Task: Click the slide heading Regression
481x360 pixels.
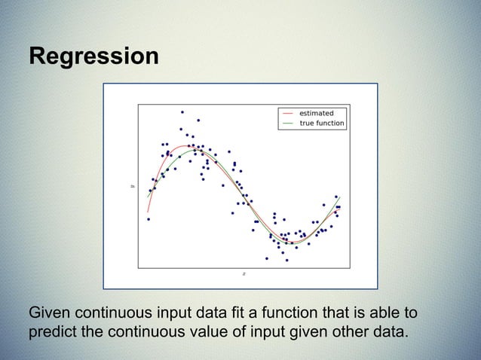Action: tap(93, 57)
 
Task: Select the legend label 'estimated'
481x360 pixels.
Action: tap(317, 114)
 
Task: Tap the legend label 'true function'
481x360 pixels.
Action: tap(322, 123)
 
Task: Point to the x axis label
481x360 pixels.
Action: tap(244, 274)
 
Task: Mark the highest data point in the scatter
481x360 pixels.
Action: tap(182, 112)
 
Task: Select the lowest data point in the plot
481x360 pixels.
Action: tap(286, 261)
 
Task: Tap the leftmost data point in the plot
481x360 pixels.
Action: tap(149, 219)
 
